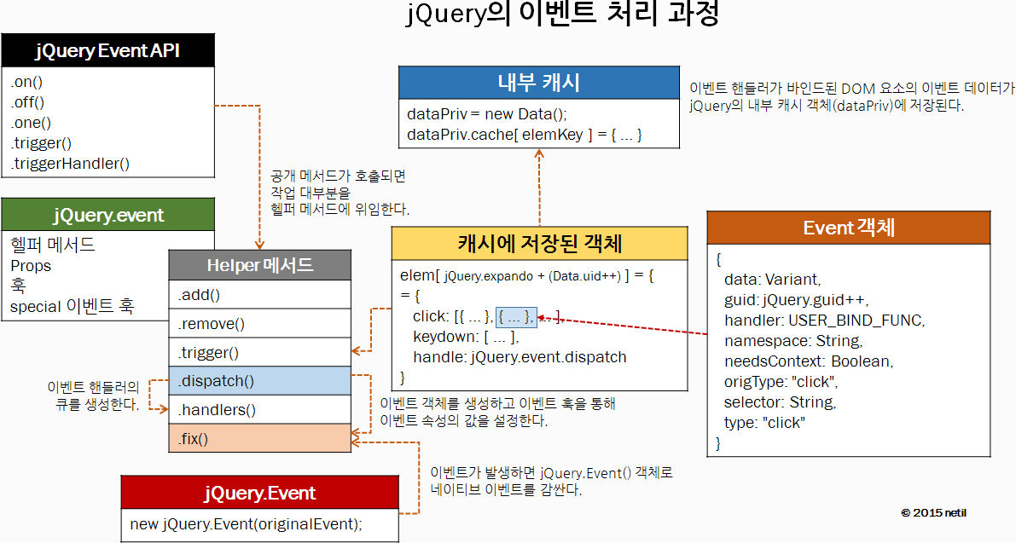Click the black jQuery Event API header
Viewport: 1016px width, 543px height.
coord(107,51)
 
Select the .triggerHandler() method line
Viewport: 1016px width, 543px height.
coord(70,163)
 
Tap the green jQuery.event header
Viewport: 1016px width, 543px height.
coord(107,215)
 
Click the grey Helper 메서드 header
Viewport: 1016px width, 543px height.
coord(259,265)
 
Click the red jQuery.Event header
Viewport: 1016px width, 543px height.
coord(259,493)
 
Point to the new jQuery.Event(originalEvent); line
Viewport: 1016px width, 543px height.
coord(246,523)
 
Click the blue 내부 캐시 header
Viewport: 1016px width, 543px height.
coord(538,83)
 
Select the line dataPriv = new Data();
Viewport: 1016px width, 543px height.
coord(486,114)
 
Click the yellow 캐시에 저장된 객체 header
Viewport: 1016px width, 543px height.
coord(539,244)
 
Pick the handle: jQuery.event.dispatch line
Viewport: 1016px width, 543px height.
coord(520,357)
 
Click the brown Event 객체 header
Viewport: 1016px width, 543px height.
coord(848,228)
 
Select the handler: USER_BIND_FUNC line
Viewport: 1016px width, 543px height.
coord(824,321)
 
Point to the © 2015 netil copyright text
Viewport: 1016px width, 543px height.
coord(933,512)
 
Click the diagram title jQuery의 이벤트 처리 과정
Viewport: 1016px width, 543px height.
coord(563,15)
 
